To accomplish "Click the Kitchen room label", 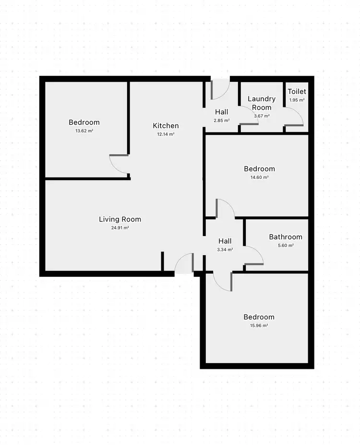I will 166,126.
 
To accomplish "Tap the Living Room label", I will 120,219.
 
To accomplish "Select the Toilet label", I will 297,92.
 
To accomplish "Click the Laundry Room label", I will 262,103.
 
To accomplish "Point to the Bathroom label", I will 286,237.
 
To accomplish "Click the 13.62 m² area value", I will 84,130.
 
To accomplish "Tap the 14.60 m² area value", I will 259,177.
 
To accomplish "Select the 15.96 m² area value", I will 259,325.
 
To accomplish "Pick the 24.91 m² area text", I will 120,228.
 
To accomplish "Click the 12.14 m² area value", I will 166,134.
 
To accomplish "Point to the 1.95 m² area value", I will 297,100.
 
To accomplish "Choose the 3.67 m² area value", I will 262,116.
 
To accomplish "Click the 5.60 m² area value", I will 286,245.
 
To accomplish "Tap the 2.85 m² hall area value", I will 221,120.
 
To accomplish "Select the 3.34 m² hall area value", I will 225,249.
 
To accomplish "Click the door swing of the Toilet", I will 294,117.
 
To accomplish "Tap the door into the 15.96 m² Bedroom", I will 222,281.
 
